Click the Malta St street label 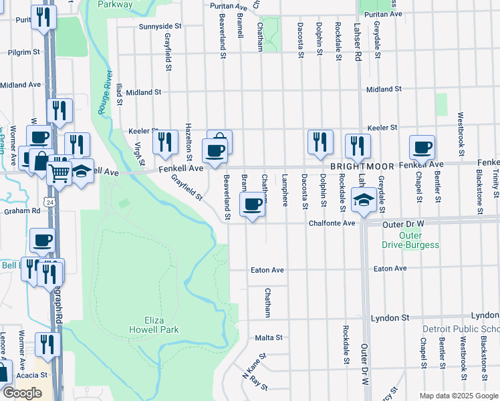click(x=269, y=338)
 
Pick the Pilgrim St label click(x=25, y=51)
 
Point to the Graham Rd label click(x=22, y=210)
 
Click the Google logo click(x=22, y=392)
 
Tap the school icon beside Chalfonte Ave click(x=364, y=200)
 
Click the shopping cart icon click(x=59, y=173)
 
